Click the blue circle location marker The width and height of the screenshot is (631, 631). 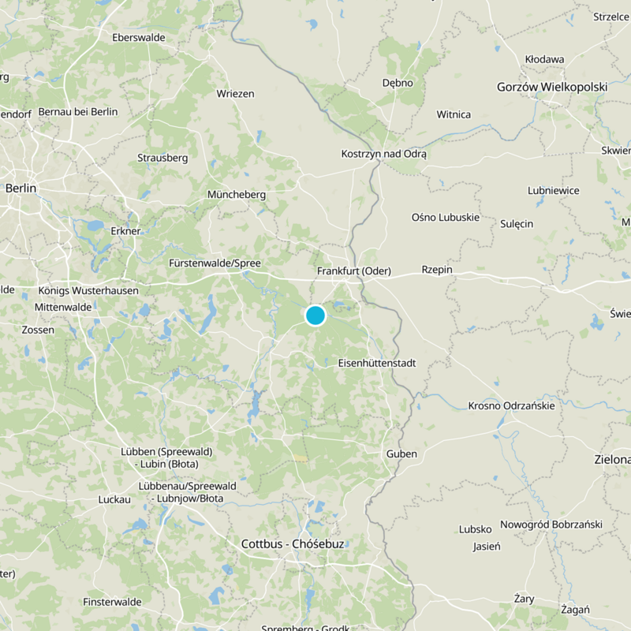(x=315, y=315)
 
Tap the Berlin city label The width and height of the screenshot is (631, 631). (x=21, y=188)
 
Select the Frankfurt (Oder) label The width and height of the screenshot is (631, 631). (x=353, y=271)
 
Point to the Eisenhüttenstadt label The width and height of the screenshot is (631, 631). (x=376, y=363)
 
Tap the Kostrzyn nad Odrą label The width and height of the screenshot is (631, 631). (x=383, y=154)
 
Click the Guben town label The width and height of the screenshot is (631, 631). (x=401, y=454)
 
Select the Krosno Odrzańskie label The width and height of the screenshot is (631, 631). (x=511, y=405)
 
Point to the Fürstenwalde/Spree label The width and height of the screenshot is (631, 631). (x=215, y=263)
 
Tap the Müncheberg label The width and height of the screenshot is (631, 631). (x=237, y=194)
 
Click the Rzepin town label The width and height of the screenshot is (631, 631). (x=437, y=269)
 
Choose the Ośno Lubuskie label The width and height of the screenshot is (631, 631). (x=446, y=217)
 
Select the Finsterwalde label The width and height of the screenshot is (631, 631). (x=112, y=602)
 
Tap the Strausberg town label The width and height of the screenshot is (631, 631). (x=162, y=157)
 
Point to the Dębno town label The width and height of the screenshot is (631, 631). (x=398, y=82)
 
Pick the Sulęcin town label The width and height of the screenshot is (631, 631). (x=517, y=223)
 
